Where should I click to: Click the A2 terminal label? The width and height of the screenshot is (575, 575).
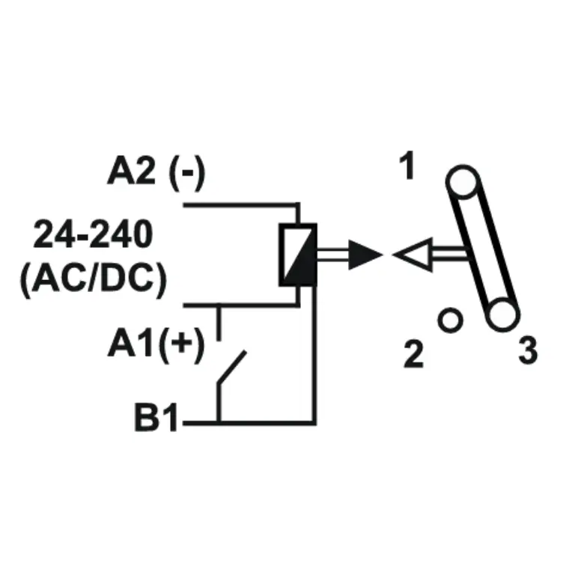click(x=131, y=171)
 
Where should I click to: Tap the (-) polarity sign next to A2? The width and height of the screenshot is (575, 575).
click(x=186, y=173)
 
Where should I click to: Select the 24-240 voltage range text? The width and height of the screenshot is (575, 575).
click(x=93, y=234)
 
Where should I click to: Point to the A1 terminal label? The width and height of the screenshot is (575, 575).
click(x=130, y=342)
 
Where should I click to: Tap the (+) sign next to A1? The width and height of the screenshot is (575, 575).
click(x=181, y=344)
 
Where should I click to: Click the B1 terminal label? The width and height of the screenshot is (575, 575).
click(x=156, y=417)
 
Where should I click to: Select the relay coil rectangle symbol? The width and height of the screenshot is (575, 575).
click(x=298, y=255)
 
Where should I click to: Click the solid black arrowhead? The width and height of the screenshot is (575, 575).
click(x=365, y=255)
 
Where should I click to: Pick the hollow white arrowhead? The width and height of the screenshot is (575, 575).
click(x=413, y=255)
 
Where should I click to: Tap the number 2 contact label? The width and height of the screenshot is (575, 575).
click(x=413, y=354)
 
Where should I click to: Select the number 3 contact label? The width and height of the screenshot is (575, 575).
click(x=528, y=350)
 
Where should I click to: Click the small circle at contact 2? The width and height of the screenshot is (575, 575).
click(x=450, y=320)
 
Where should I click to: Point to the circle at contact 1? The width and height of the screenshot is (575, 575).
click(x=463, y=182)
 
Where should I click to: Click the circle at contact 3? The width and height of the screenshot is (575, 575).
click(x=503, y=315)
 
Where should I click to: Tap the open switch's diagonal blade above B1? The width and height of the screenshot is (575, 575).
click(x=232, y=368)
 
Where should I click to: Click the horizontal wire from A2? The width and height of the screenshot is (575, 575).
click(x=242, y=204)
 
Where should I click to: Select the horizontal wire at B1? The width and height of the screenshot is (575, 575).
click(x=249, y=423)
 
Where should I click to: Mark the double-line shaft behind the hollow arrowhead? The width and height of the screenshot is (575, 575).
click(x=451, y=254)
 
